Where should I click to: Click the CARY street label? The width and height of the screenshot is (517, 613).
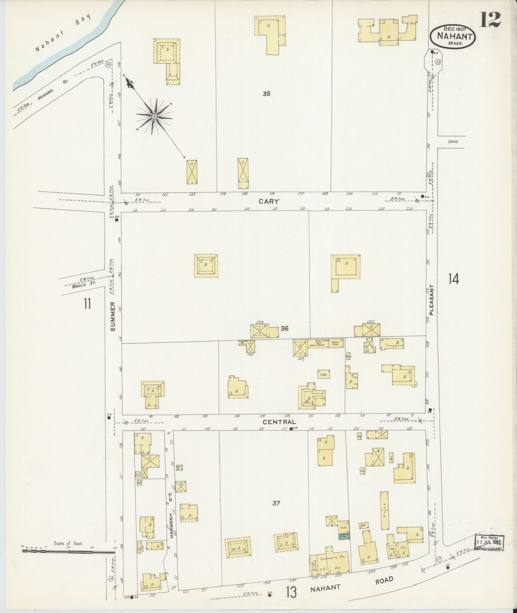tap(269, 201)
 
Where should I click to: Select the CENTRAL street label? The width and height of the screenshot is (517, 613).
tap(279, 422)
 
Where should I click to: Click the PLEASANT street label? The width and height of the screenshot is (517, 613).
tap(431, 300)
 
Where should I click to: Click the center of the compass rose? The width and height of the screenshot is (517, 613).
tap(154, 117)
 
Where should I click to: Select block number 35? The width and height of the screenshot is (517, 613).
tap(266, 94)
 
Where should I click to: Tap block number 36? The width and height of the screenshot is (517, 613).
tap(284, 328)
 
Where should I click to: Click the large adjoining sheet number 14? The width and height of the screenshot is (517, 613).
tap(453, 278)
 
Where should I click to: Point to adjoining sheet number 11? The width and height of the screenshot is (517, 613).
tap(87, 304)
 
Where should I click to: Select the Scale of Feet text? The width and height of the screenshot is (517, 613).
tap(68, 543)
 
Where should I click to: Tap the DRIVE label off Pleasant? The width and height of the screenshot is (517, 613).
tap(453, 142)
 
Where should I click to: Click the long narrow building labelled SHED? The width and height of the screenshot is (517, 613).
tap(384, 510)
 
